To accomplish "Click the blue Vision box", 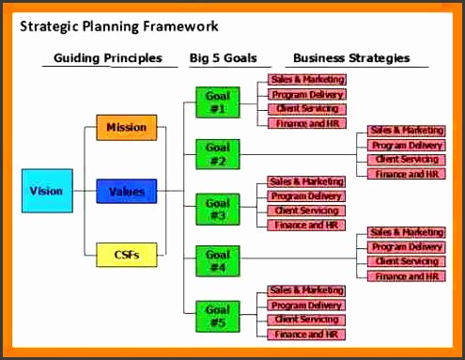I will click(x=46, y=192).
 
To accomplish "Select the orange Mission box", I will click(x=126, y=127).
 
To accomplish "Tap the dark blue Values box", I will click(x=126, y=192).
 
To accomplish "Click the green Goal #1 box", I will click(x=217, y=102).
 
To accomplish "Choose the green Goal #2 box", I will click(x=217, y=153).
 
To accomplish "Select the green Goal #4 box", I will click(x=217, y=259).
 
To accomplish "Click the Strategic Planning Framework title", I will click(x=119, y=26).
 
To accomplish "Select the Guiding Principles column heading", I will click(x=107, y=58).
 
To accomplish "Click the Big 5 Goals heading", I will click(x=224, y=58).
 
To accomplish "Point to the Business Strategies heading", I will click(x=350, y=58).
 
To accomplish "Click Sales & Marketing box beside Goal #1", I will click(x=306, y=80).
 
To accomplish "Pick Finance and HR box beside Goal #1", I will click(x=306, y=123).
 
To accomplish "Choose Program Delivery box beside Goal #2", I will click(x=406, y=146).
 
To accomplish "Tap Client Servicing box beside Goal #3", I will click(x=306, y=211).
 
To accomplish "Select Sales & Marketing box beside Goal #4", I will click(x=406, y=232).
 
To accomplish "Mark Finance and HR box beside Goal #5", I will click(x=306, y=335).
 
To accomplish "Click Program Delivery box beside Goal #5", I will click(x=306, y=305).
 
